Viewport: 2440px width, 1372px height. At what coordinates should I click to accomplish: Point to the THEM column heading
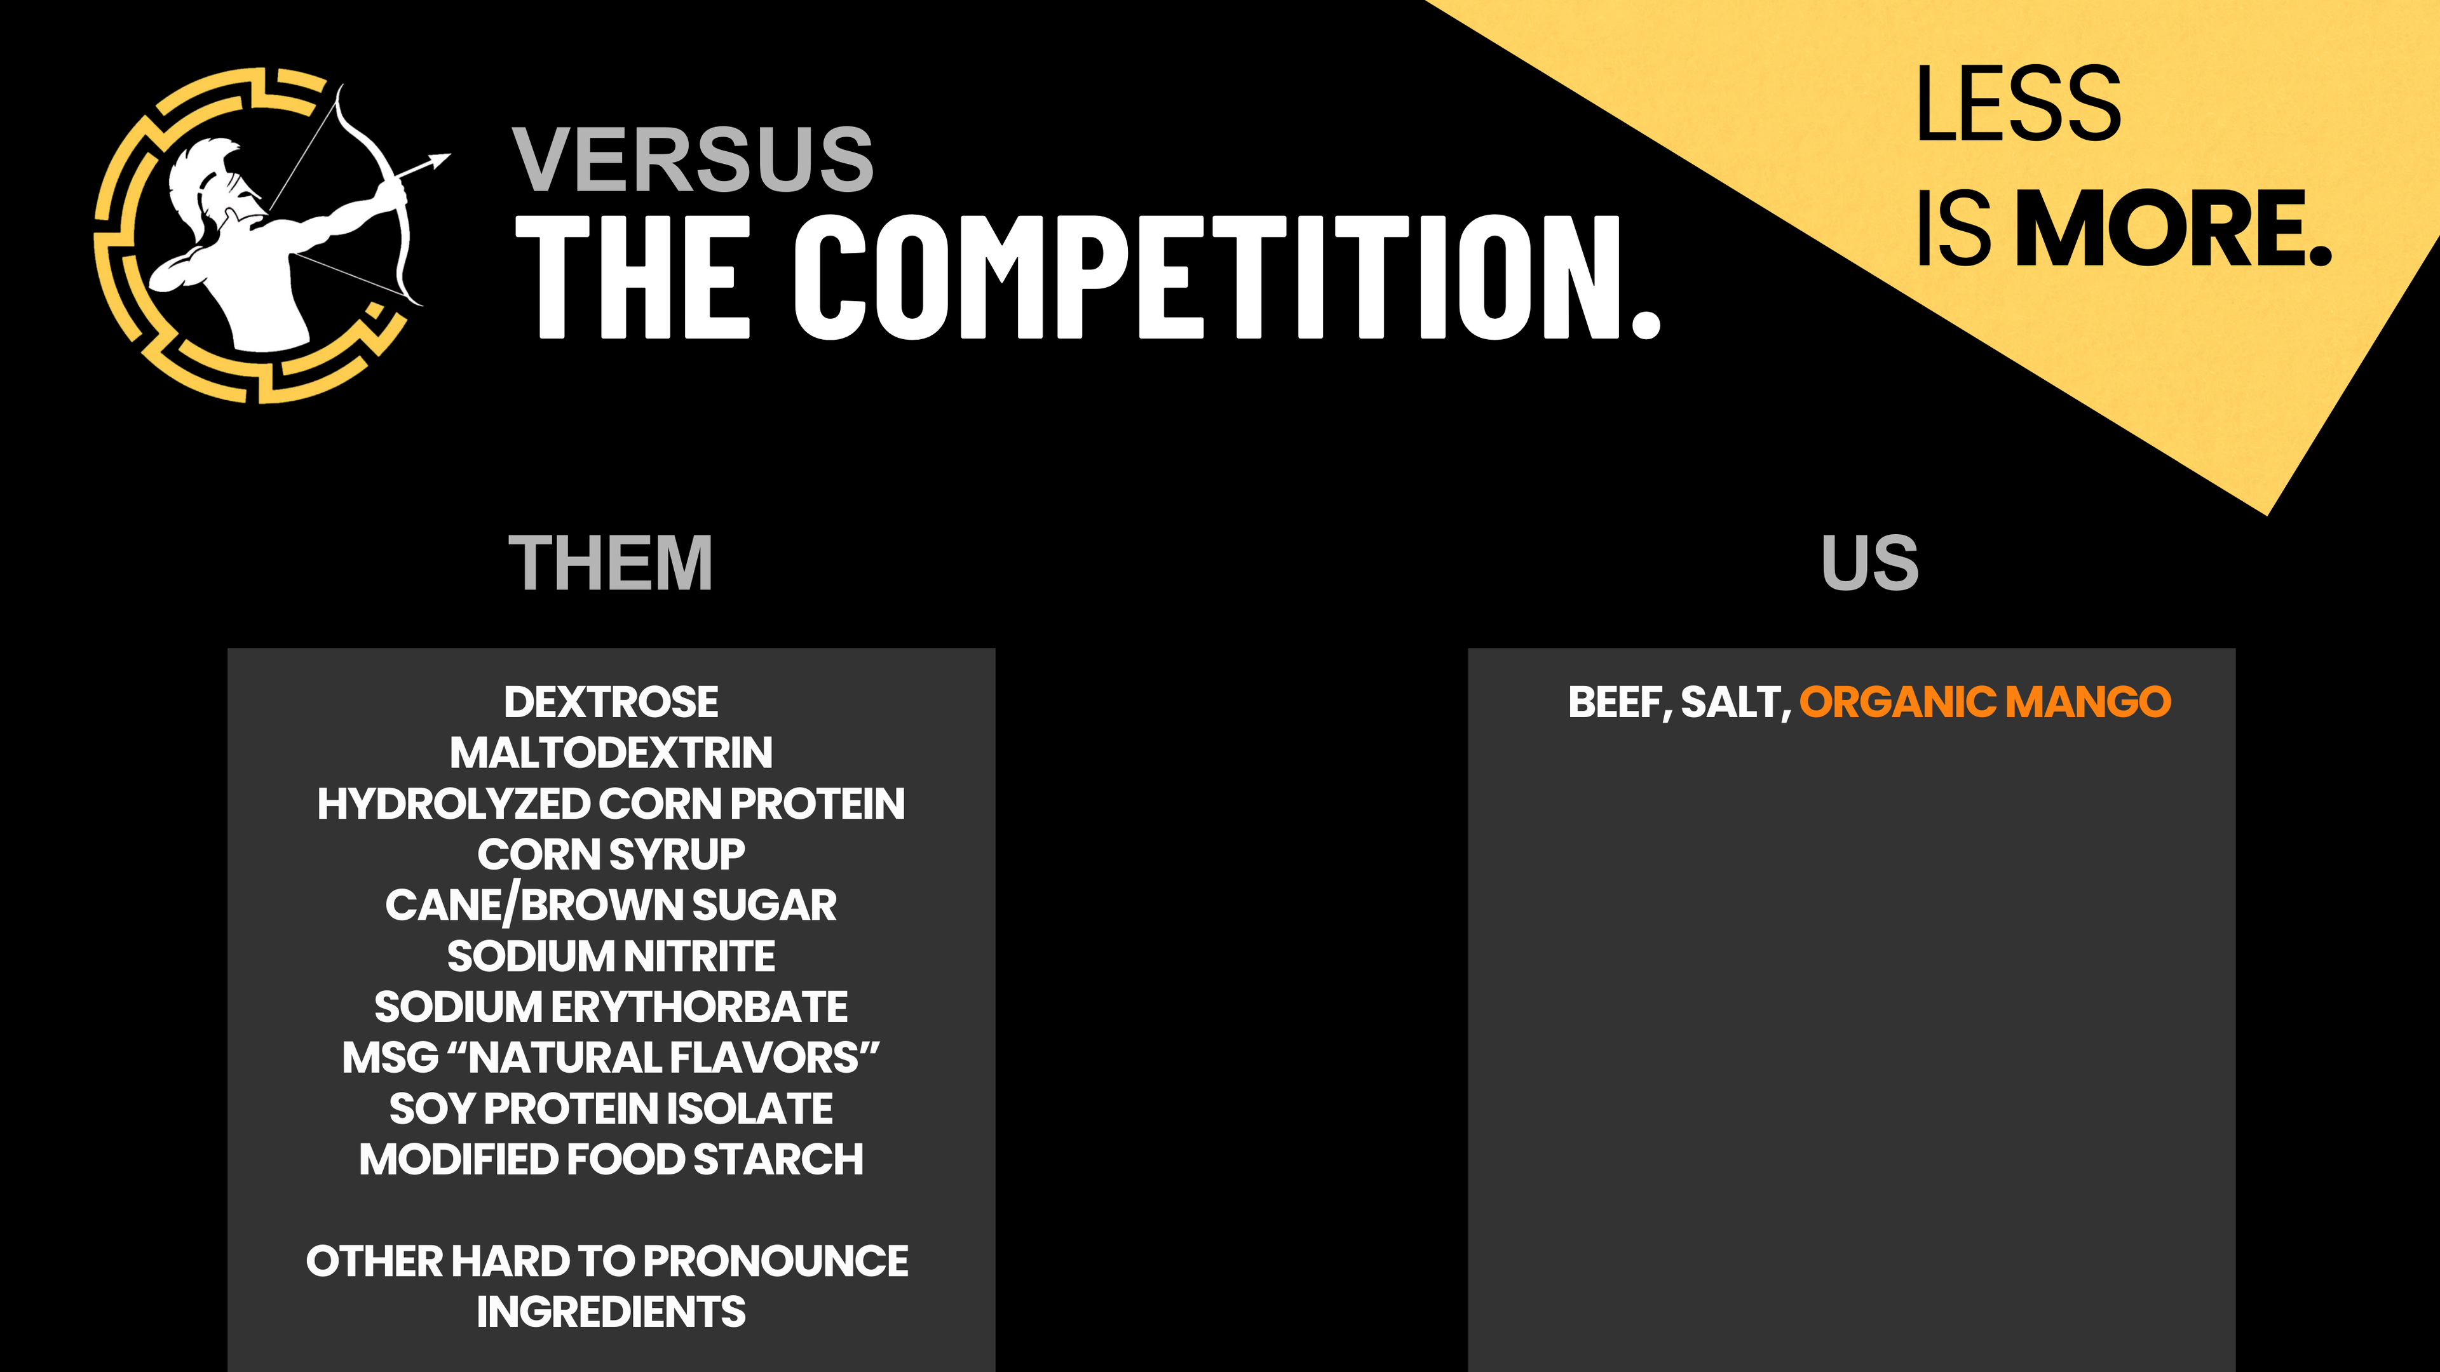click(610, 563)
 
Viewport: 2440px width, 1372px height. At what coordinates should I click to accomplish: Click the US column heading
click(1870, 563)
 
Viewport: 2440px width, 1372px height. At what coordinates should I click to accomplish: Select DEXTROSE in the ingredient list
click(611, 702)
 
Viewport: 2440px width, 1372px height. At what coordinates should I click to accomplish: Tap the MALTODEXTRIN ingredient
click(611, 753)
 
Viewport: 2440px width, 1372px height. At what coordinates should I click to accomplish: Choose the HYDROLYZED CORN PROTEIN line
click(611, 804)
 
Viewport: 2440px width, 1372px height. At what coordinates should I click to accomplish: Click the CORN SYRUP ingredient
click(611, 854)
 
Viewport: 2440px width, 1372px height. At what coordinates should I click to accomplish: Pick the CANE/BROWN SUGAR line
click(611, 905)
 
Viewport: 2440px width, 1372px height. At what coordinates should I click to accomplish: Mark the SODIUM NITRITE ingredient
click(611, 957)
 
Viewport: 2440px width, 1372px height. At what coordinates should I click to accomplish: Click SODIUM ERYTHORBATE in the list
click(611, 1007)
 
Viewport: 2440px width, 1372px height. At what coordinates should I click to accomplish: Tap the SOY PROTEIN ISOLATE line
click(611, 1109)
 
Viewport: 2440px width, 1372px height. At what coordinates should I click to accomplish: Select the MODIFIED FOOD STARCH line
click(611, 1159)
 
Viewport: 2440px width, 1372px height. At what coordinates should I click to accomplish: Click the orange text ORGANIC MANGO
click(1985, 702)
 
